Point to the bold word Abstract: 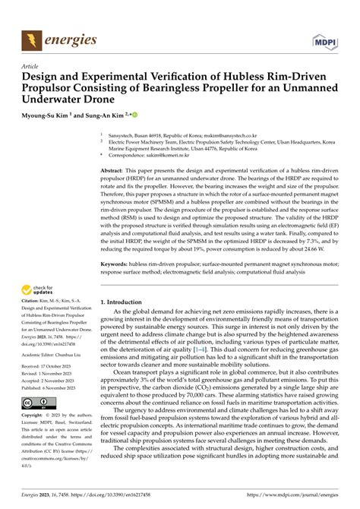(115, 172)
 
